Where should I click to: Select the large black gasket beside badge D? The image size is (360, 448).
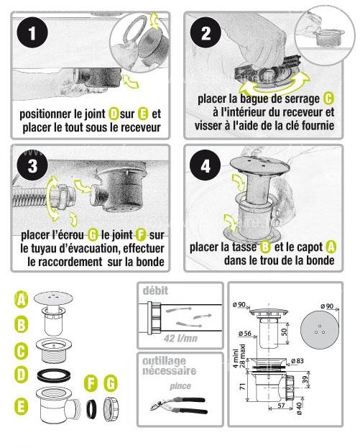[54, 375]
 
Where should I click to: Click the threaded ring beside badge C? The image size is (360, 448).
[54, 350]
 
